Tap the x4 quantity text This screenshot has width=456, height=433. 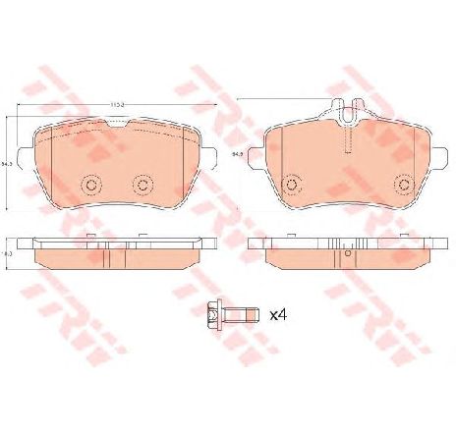click(278, 316)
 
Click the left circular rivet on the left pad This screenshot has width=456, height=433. click(93, 184)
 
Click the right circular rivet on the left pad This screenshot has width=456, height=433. click(142, 184)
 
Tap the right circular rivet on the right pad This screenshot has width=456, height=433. click(402, 184)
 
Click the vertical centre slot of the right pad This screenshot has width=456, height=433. click(346, 139)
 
